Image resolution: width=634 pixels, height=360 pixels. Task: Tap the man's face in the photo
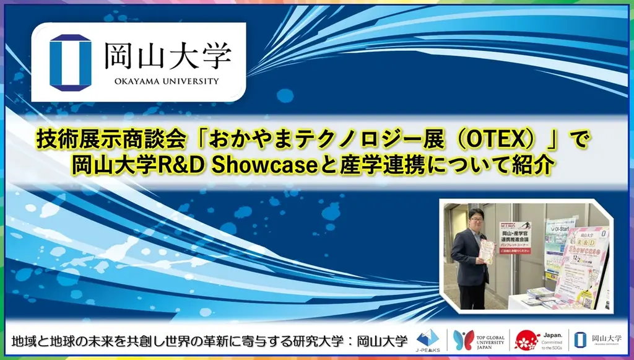pyautogui.click(x=475, y=220)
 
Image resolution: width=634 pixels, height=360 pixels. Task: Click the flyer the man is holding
pyautogui.click(x=487, y=251)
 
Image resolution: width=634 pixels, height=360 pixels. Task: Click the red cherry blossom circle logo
pyautogui.click(x=527, y=340)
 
